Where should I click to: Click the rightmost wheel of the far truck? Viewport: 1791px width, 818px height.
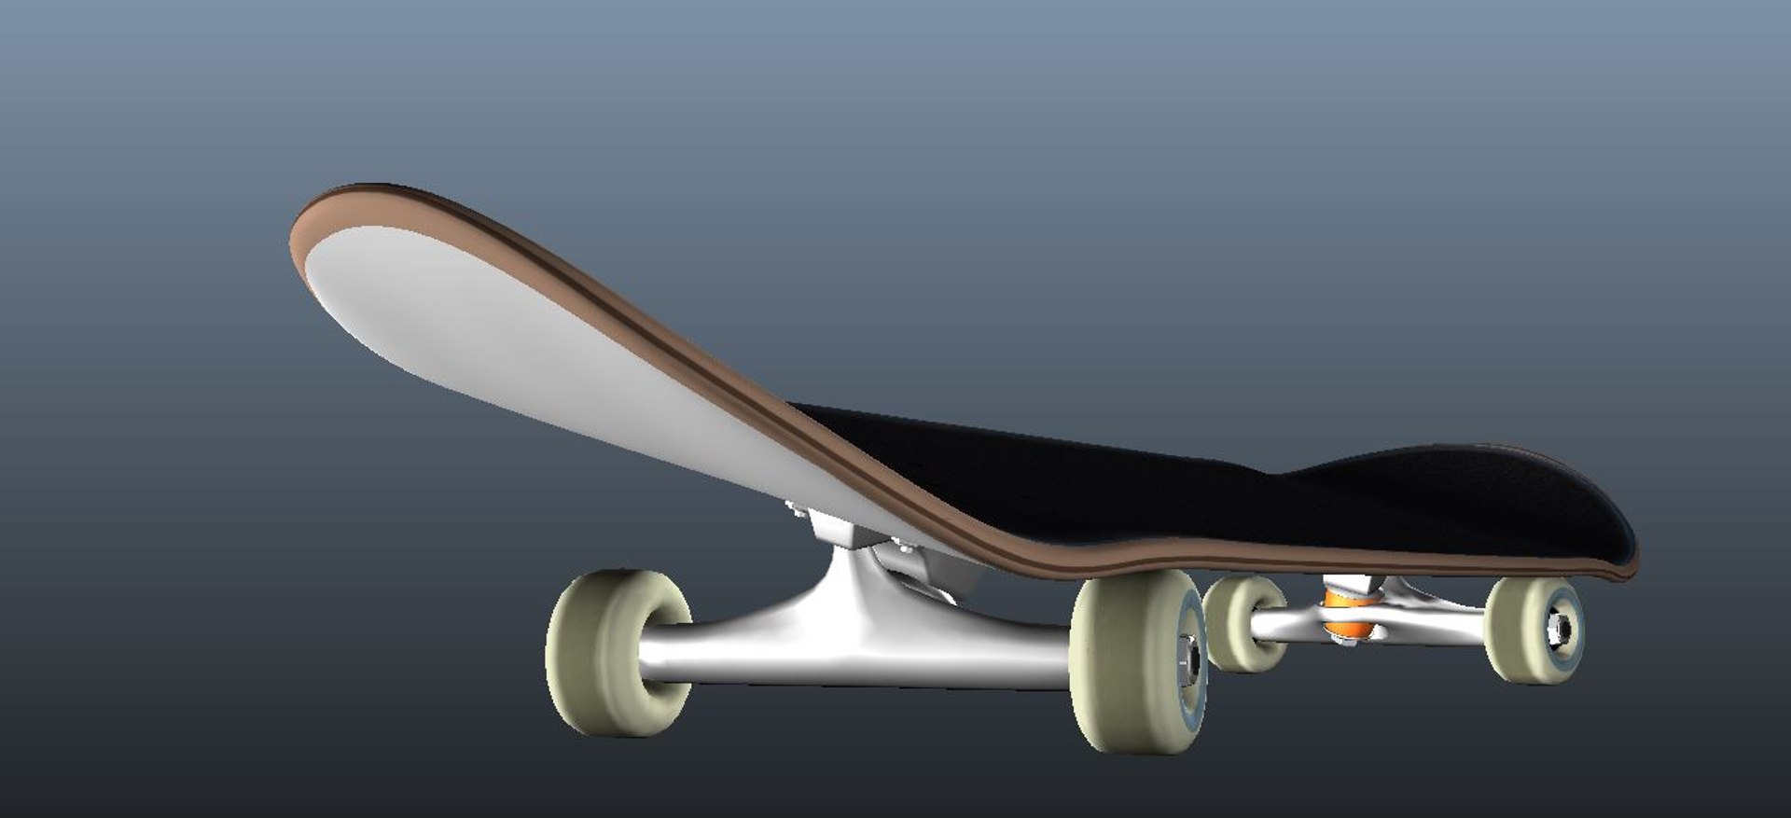(x=1530, y=630)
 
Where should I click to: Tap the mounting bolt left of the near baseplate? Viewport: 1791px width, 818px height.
(x=796, y=508)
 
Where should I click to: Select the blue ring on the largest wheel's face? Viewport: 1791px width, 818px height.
(x=1196, y=690)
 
